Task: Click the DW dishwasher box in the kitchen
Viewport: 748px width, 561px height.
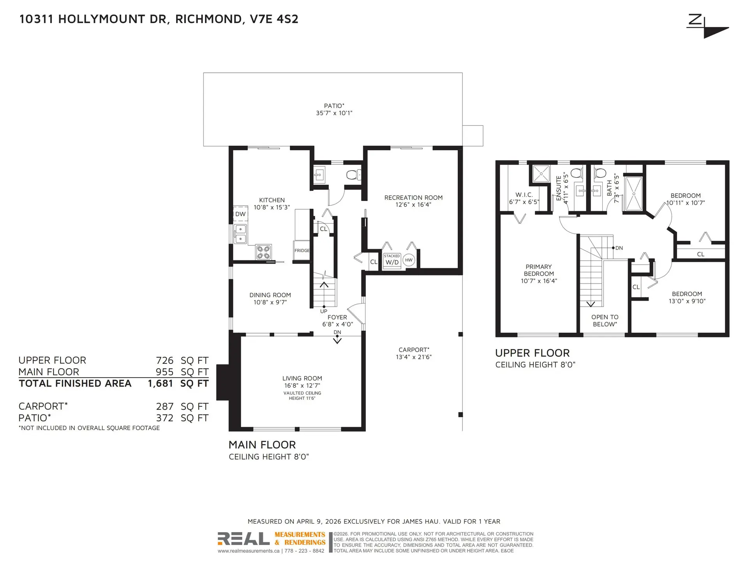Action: coord(240,214)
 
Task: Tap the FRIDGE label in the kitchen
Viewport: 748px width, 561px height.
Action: coord(302,251)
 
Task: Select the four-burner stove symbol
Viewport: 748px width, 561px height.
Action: coord(263,252)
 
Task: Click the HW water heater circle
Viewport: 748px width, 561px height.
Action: coord(408,260)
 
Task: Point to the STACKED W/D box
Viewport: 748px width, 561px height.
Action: coord(392,260)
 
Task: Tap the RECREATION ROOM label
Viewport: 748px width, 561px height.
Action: coord(413,198)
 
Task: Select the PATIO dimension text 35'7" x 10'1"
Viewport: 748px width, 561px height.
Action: coord(334,113)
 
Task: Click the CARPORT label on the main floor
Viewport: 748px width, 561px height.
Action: coord(414,350)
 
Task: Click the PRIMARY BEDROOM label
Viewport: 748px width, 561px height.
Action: coord(538,270)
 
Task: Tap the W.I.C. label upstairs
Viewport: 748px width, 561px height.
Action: coord(524,195)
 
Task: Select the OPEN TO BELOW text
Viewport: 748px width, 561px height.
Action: coord(605,321)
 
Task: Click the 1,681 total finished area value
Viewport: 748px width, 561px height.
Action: coord(160,383)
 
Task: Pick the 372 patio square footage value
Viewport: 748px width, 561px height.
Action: coord(164,418)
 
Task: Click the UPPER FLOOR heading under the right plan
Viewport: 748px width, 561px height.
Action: coord(532,353)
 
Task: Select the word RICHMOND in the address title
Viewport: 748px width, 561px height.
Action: coord(208,19)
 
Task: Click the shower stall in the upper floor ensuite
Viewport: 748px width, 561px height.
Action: coord(541,174)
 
